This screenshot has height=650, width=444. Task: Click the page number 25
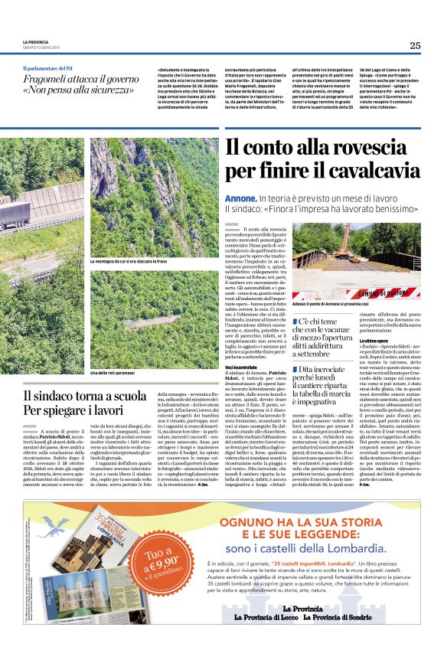point(414,46)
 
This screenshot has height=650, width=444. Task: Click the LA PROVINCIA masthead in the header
point(35,41)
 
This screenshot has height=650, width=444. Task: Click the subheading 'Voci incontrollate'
point(243,367)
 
